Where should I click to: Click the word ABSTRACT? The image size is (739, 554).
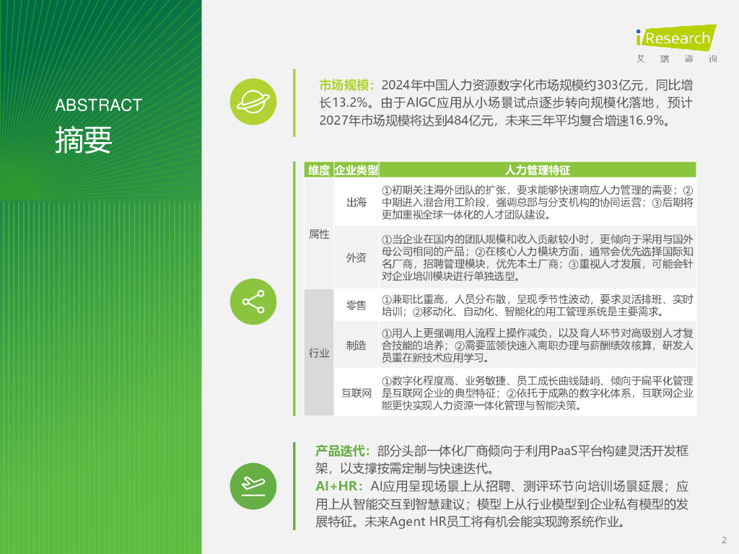coord(98,105)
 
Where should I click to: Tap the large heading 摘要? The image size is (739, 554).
coord(84,140)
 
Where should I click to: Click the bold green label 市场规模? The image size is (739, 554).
coord(347,84)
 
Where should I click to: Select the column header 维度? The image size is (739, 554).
coord(319,170)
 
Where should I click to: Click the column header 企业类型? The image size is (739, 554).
coord(357,170)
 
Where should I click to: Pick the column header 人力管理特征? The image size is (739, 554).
coord(538,170)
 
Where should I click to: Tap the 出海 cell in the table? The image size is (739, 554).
coord(357,203)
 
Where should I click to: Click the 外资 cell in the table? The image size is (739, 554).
coord(357,258)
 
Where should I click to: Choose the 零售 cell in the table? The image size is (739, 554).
coord(357,306)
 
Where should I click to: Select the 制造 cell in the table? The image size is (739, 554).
coord(357,346)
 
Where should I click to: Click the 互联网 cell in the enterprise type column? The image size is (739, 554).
coord(357,393)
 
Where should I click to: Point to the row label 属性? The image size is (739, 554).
coord(319,234)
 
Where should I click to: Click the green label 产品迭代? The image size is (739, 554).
coord(343,451)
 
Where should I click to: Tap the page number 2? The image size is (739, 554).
coord(724,540)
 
